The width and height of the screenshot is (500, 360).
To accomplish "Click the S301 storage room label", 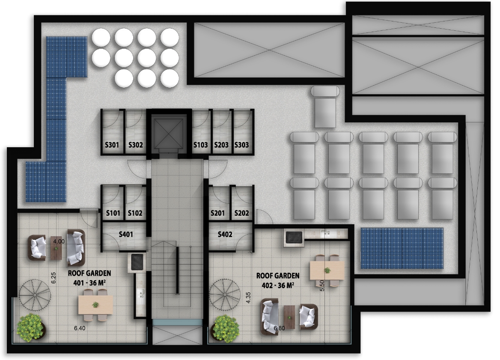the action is (x=112, y=145).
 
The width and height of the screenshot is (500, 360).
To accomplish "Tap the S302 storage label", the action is (x=136, y=145).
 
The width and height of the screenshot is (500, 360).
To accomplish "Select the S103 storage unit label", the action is (x=201, y=145).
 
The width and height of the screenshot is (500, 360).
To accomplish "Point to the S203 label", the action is (x=221, y=145).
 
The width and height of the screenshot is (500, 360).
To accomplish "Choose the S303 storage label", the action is (x=241, y=145).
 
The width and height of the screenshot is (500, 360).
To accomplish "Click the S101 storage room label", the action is (x=113, y=213).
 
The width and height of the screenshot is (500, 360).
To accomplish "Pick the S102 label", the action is (x=135, y=213).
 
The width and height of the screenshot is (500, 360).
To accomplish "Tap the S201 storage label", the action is (x=217, y=213).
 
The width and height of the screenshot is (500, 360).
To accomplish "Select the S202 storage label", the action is (x=241, y=213).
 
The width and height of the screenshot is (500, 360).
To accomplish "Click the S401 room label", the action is (x=126, y=235).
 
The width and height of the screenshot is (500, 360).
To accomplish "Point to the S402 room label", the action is (x=225, y=235).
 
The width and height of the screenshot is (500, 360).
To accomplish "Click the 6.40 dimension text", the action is (x=79, y=328).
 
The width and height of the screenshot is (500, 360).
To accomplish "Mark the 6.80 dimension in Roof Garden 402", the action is (x=279, y=328).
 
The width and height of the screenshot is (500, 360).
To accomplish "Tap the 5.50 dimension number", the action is (x=322, y=286).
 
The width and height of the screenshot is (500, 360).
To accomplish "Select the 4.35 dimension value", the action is (x=248, y=298).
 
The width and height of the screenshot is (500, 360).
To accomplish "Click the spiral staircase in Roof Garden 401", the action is (x=35, y=295).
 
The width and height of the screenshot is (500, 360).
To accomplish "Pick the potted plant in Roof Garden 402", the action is (x=226, y=329).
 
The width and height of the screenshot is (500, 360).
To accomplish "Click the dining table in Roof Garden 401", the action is (x=95, y=305).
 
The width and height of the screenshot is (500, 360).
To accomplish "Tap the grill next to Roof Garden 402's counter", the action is (x=294, y=238).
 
